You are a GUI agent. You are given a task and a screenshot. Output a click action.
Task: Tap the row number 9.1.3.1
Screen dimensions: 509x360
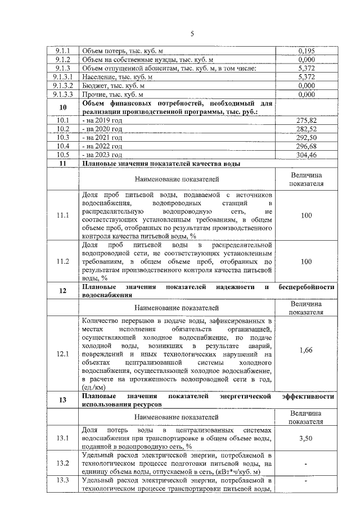point(63,76)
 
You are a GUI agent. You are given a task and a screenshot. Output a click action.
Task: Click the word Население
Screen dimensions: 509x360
point(101,76)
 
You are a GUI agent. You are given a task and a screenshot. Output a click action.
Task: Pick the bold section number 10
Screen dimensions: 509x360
point(63,107)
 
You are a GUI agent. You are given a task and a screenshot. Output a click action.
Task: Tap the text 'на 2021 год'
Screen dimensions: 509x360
point(103,137)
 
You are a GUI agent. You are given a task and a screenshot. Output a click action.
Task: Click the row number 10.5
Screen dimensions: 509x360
point(63,154)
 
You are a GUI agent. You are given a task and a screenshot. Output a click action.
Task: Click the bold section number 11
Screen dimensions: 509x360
point(63,163)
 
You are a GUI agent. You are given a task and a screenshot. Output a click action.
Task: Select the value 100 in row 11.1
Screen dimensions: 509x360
point(307,215)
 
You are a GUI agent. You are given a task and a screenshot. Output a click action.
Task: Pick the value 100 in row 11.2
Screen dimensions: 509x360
point(307,262)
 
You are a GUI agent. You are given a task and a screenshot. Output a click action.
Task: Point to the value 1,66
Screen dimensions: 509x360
point(307,350)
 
